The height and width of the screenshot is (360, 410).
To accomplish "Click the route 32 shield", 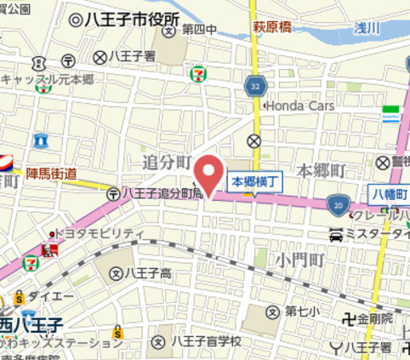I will [x=256, y=87].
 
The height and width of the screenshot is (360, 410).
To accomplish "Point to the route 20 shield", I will [x=339, y=204].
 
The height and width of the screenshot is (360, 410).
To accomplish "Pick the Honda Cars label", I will [x=298, y=106].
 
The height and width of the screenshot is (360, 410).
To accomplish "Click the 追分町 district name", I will [x=164, y=162].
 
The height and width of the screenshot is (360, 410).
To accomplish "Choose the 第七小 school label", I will [x=302, y=311].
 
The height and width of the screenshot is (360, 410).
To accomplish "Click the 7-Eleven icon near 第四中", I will [x=197, y=73].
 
